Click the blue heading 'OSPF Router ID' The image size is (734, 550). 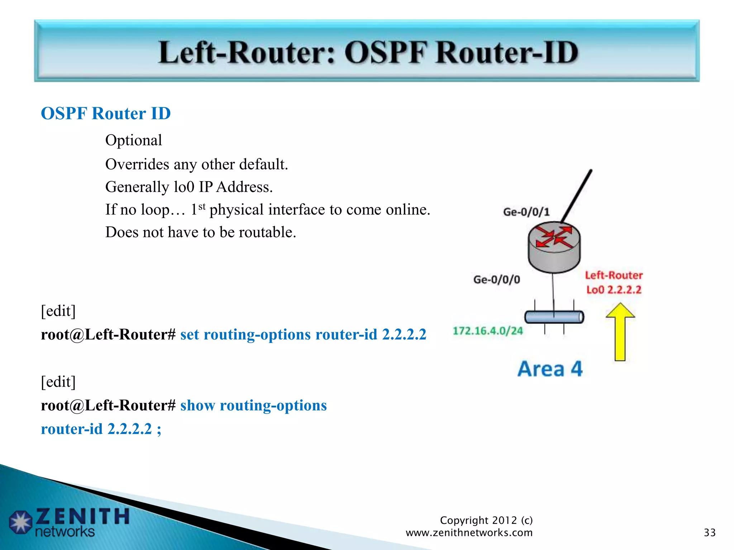(x=106, y=114)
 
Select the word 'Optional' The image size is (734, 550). (x=133, y=140)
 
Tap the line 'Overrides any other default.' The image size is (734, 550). (x=196, y=164)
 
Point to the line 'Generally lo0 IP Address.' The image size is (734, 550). (x=189, y=187)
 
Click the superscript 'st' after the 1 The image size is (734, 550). (x=202, y=206)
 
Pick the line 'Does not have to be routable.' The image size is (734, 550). (x=200, y=232)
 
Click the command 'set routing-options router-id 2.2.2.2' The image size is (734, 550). (x=303, y=334)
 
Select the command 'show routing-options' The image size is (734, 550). (x=253, y=405)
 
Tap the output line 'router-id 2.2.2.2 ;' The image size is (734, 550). (x=101, y=429)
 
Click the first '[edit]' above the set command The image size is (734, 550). (x=58, y=311)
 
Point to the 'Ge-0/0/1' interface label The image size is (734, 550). (x=526, y=212)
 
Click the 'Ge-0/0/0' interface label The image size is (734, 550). (x=496, y=279)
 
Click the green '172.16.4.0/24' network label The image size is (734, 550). (x=487, y=331)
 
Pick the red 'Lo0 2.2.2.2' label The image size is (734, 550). (x=613, y=289)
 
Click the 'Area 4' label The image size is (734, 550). (x=550, y=369)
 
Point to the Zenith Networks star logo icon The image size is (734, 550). (x=20, y=521)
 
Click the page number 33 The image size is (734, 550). (x=709, y=532)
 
